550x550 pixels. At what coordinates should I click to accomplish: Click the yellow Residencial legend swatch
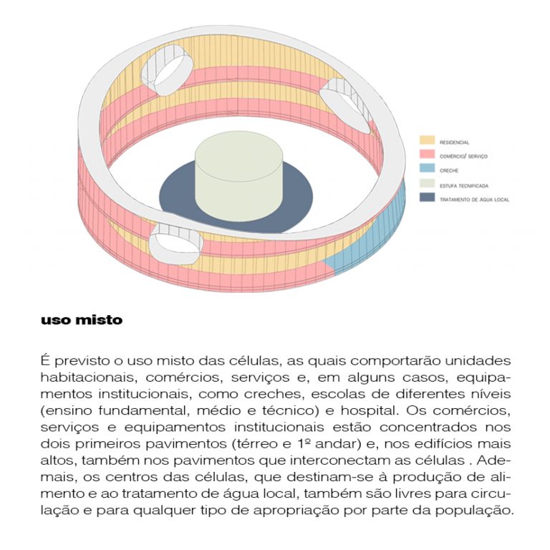pos(427,140)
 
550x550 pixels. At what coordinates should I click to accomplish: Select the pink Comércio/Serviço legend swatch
pos(427,154)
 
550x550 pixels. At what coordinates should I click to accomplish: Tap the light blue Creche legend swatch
pos(427,168)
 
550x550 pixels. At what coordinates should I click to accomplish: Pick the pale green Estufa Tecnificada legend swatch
pos(427,183)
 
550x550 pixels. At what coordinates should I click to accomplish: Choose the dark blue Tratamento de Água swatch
pos(427,197)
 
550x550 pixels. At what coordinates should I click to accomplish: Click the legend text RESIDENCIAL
pos(454,143)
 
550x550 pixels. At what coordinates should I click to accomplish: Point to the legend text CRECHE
pos(449,170)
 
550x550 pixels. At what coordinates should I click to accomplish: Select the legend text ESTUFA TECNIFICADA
pos(464,186)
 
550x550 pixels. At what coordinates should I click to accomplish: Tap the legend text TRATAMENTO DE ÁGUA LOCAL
pos(474,200)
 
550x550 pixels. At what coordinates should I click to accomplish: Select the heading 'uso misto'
pos(82,320)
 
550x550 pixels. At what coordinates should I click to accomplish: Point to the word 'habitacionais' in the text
pos(87,378)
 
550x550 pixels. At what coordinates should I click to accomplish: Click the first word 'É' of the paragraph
pos(44,360)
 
